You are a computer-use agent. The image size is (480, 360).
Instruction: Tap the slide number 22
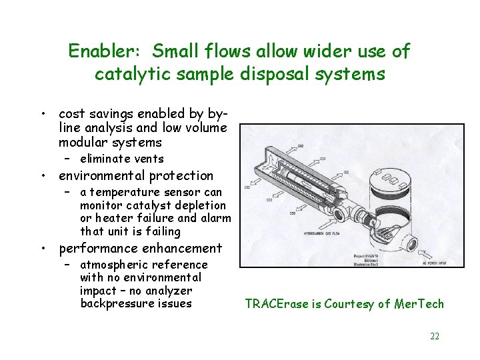click(x=435, y=336)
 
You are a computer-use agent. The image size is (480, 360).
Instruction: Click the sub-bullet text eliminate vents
click(x=121, y=159)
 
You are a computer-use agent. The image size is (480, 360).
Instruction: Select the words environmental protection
click(x=136, y=176)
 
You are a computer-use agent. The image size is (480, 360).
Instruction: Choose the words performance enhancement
click(x=141, y=249)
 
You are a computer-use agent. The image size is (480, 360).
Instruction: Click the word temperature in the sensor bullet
click(x=126, y=193)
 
